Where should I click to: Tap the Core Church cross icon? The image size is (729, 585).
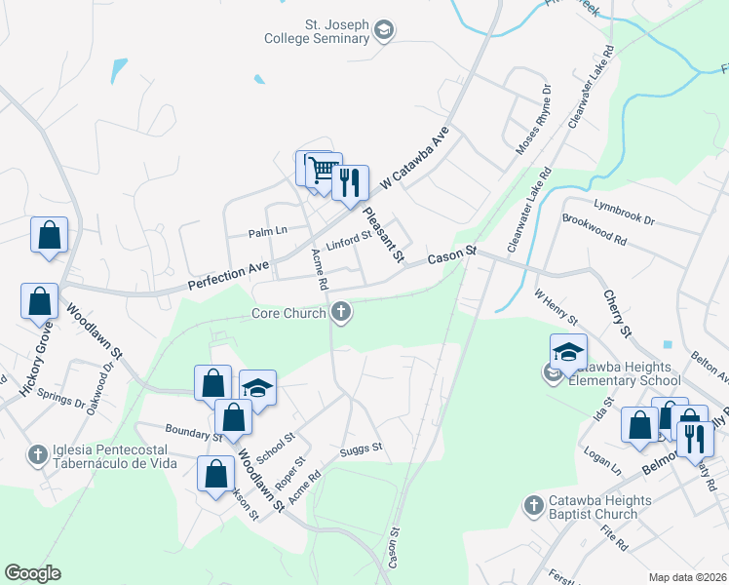[340, 313]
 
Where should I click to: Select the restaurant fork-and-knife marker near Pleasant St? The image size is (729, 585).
[350, 182]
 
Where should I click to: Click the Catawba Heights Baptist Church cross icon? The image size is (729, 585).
[532, 505]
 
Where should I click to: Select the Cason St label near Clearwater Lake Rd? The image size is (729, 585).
[452, 255]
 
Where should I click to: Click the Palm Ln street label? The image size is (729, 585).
[267, 231]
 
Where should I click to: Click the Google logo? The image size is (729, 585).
[32, 573]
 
